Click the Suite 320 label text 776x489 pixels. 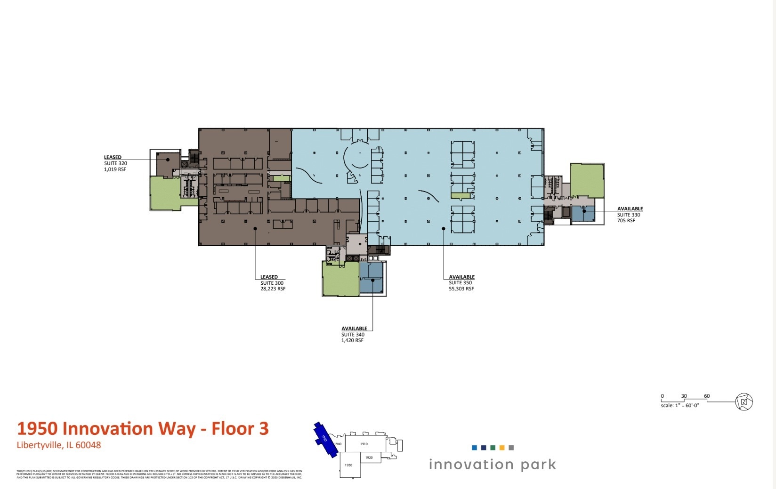115,163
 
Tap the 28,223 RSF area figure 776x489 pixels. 273,289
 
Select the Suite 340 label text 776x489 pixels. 353,335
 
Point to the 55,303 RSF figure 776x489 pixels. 461,289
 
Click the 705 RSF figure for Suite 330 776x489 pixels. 626,221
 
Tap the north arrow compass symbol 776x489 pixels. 744,402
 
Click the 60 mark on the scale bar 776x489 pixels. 706,396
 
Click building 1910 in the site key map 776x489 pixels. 364,444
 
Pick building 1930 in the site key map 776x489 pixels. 348,465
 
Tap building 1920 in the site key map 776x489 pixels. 369,457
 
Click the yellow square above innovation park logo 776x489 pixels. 502,448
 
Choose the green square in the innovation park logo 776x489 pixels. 493,448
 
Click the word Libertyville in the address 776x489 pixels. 39,445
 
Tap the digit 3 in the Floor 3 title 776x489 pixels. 264,429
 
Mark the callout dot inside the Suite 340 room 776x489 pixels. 372,280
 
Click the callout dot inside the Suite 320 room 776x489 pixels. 168,160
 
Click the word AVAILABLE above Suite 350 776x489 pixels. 461,277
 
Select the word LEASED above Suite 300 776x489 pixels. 269,277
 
